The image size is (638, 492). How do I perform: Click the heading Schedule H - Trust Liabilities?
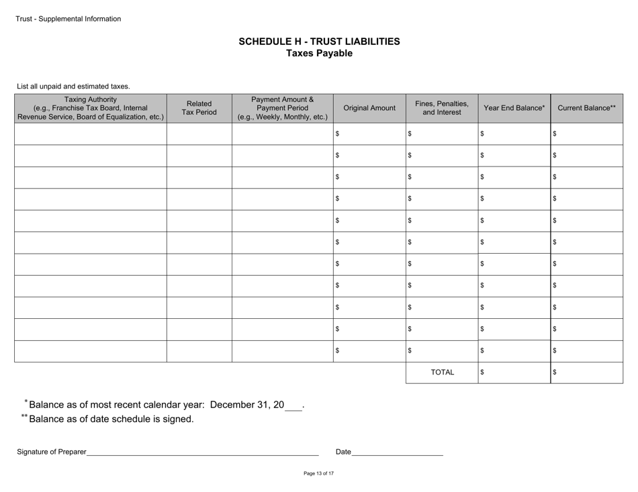pos(319,42)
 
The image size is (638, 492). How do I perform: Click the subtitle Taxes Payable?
pos(319,54)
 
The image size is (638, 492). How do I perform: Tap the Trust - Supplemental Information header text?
pos(69,19)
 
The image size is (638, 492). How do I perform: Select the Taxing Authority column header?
pos(91,108)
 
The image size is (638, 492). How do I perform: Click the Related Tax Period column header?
pos(199,108)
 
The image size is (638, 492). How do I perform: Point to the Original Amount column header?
pos(369,108)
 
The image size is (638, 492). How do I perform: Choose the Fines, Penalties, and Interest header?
pos(442,108)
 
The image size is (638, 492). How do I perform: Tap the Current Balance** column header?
pos(587,108)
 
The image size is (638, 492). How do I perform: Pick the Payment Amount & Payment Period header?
pos(283,108)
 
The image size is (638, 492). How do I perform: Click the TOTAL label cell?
pos(442,372)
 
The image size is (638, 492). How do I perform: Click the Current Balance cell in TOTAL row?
pos(587,372)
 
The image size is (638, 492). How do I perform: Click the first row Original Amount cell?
pos(369,134)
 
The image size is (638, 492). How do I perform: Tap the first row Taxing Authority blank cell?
pos(91,134)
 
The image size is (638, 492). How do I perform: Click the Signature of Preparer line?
pos(201,452)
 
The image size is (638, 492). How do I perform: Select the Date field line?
pos(398,452)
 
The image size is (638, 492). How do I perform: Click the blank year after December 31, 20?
pos(293,405)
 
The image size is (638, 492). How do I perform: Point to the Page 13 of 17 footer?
pos(318,474)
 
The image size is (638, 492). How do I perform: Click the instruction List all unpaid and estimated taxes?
pos(73,87)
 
